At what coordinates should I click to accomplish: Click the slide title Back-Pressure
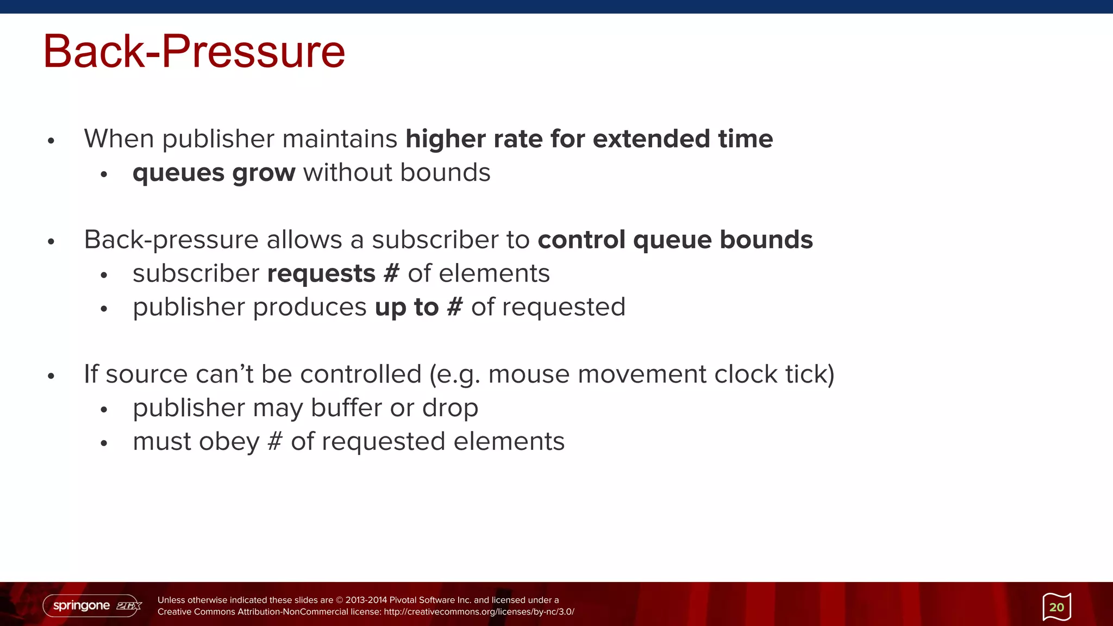pos(194,52)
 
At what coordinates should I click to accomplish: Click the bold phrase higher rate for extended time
pos(589,139)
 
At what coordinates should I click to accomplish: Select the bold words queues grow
pos(214,173)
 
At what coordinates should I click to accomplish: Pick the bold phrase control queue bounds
pos(675,240)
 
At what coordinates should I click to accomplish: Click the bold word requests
pos(321,273)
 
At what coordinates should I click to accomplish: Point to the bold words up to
pos(407,307)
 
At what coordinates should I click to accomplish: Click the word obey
pos(229,441)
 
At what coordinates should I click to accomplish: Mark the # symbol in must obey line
pos(275,441)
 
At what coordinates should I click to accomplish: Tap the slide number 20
pos(1056,607)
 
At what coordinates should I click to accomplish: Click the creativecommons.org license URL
pos(479,612)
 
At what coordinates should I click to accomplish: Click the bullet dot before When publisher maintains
pos(51,141)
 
